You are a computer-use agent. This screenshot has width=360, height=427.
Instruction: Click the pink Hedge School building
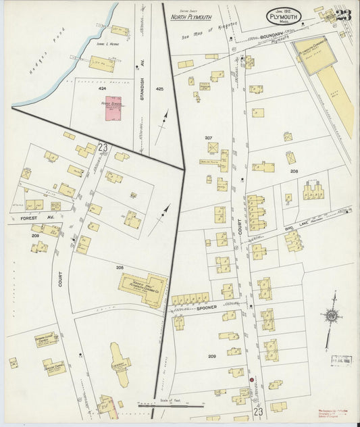(x=113, y=109)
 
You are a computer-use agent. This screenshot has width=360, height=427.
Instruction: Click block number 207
(x=209, y=138)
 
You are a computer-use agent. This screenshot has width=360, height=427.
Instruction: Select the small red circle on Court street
(x=252, y=380)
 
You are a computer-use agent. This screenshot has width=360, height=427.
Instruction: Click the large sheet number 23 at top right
(x=344, y=15)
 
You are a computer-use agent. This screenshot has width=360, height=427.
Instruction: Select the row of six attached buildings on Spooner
(x=190, y=298)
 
